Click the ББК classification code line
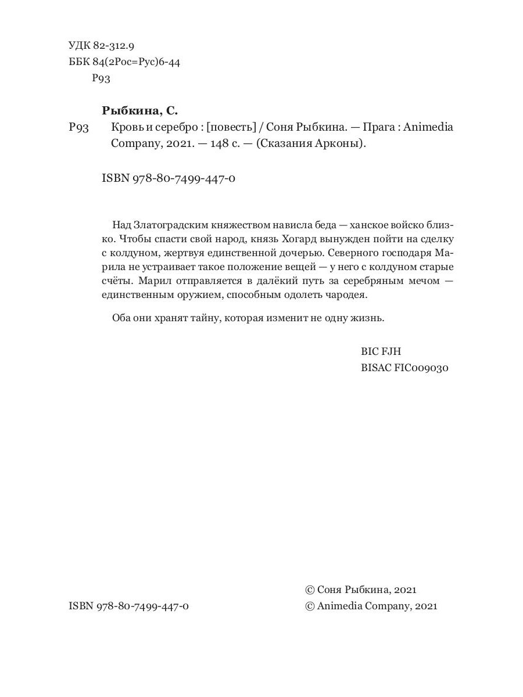click(x=124, y=62)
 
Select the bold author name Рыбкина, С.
click(x=139, y=110)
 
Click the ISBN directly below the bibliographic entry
click(x=169, y=179)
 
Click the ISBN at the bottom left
click(x=128, y=606)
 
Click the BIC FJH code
click(x=381, y=351)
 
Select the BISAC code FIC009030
click(x=404, y=368)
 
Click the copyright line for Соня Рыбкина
click(x=361, y=589)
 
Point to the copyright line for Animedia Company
click(x=371, y=606)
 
